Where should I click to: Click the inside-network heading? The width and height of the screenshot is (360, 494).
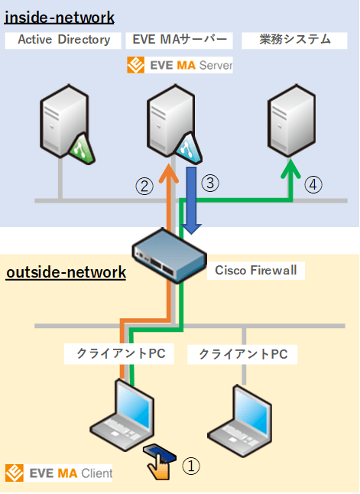click(60, 16)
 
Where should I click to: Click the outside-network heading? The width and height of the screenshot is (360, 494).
click(66, 272)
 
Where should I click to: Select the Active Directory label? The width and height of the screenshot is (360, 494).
click(63, 40)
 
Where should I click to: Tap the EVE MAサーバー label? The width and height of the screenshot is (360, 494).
click(180, 40)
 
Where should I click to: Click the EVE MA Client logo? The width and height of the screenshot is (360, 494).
click(59, 473)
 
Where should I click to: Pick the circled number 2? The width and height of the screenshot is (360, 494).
click(143, 184)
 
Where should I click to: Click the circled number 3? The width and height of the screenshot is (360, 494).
click(212, 183)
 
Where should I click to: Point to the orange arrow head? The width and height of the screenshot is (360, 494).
click(167, 166)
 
